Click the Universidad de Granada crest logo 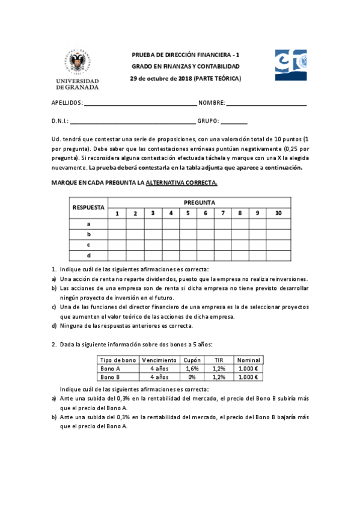[78, 63]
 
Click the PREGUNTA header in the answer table [200, 203]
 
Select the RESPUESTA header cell [88, 207]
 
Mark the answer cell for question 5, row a [188, 224]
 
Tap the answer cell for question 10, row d [278, 256]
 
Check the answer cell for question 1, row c [118, 245]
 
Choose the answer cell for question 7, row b [223, 235]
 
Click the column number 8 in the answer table [240, 213]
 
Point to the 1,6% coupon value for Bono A [192, 368]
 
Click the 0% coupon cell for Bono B [192, 377]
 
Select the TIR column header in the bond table [219, 360]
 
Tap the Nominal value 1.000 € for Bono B [248, 377]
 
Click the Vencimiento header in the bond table [159, 360]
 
